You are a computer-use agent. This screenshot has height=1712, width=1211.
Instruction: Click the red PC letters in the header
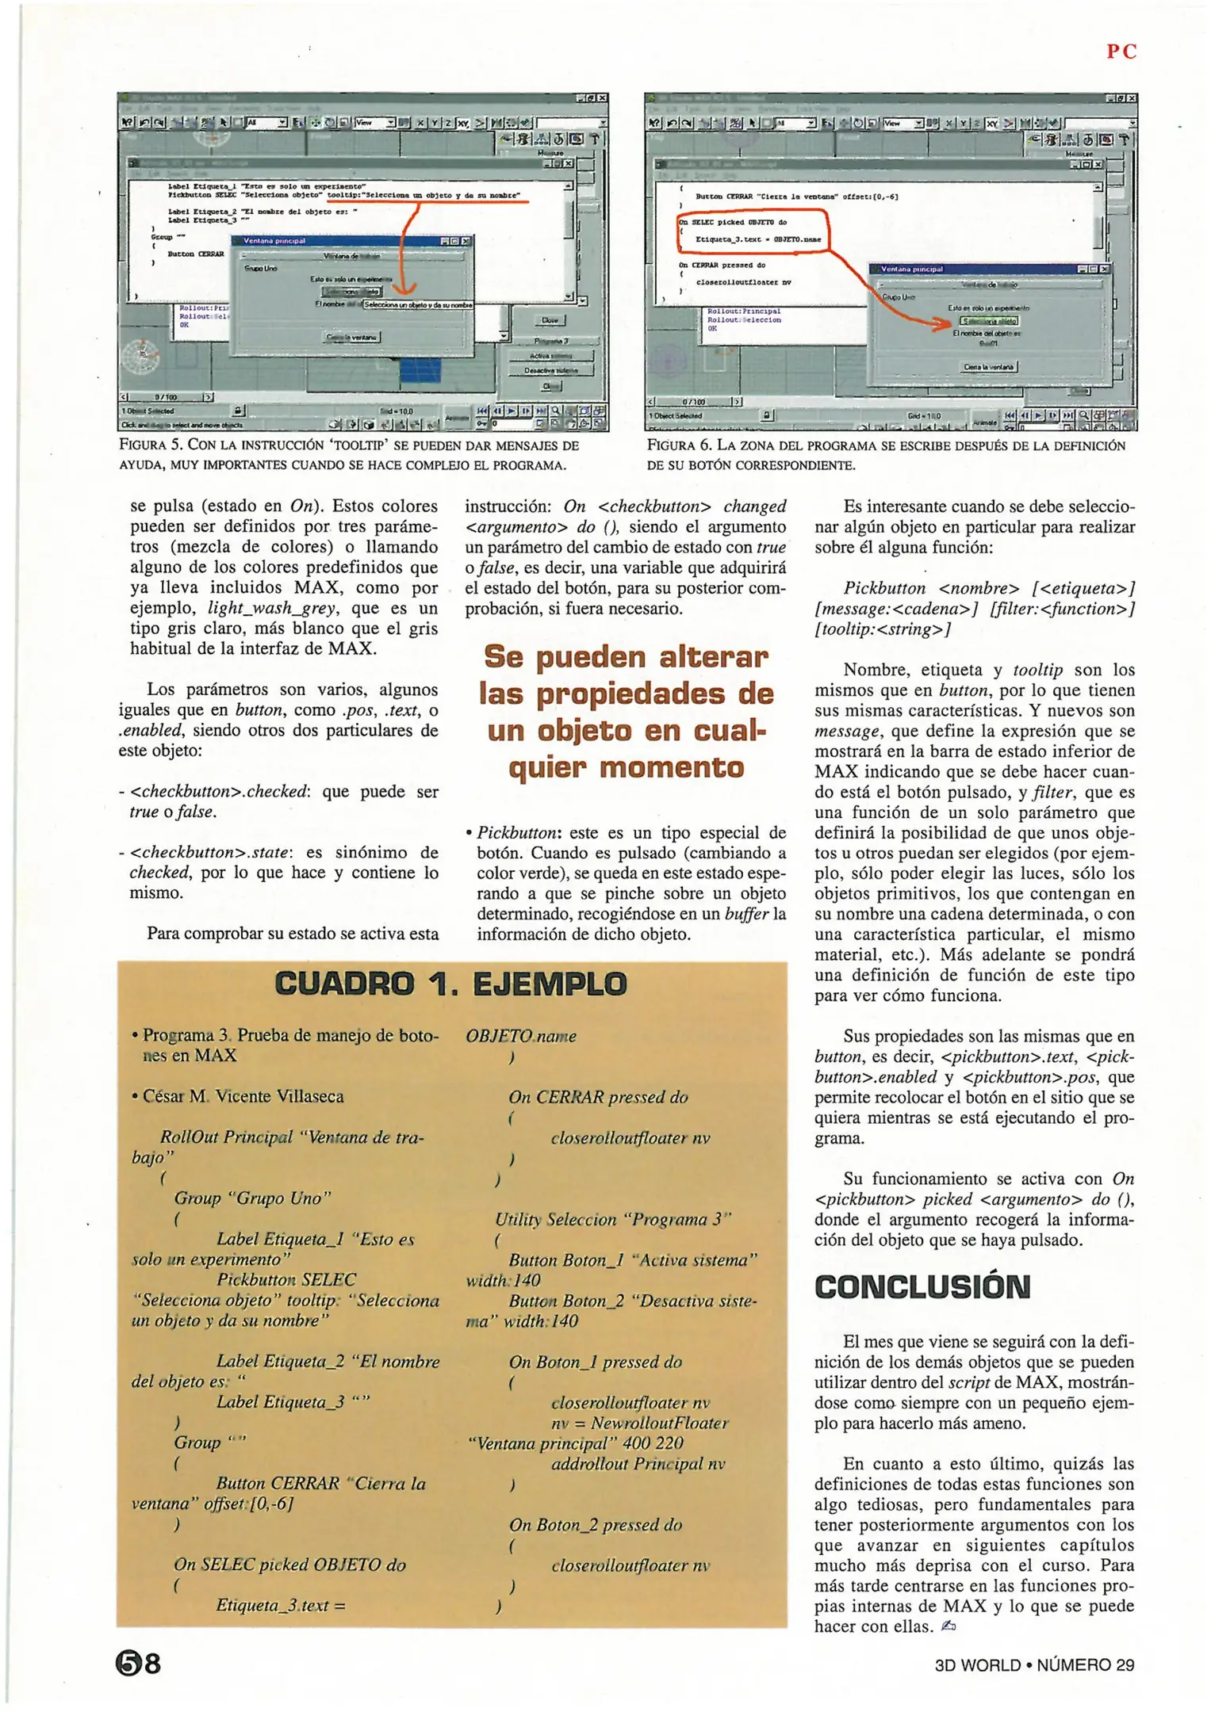(x=1121, y=52)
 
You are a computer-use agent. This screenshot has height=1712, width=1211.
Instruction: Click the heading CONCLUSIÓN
(x=922, y=1287)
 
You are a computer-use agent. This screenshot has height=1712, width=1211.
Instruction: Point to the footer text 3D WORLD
(x=977, y=1665)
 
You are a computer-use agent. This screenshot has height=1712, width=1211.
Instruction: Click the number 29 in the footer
(x=1125, y=1665)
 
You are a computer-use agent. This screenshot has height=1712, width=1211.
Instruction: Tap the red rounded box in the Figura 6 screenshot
(x=752, y=231)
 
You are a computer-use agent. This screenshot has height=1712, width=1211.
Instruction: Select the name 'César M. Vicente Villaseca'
(x=243, y=1096)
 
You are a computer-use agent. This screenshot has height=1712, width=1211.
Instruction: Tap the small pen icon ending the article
(x=948, y=1626)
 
